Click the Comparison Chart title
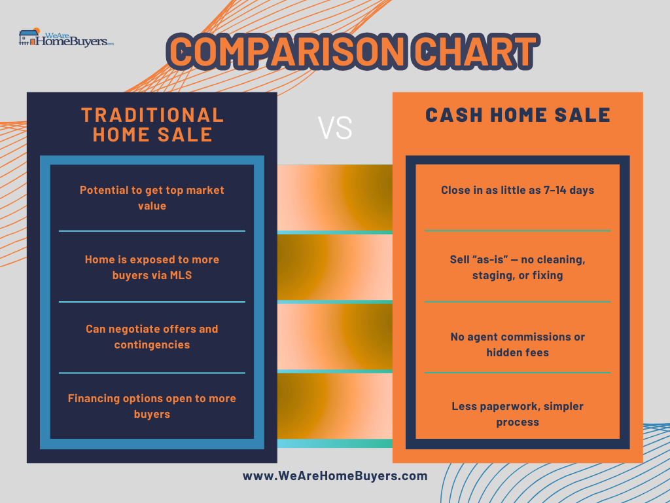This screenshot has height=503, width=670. pyautogui.click(x=354, y=52)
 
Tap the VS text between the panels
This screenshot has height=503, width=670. pyautogui.click(x=335, y=128)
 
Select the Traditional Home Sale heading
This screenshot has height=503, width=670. pyautogui.click(x=152, y=124)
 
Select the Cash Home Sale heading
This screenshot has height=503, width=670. pyautogui.click(x=518, y=115)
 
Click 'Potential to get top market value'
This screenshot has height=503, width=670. pyautogui.click(x=152, y=198)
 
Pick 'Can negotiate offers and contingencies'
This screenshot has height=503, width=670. pyautogui.click(x=152, y=337)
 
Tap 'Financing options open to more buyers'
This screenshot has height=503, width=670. pyautogui.click(x=152, y=406)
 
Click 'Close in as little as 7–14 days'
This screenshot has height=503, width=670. pyautogui.click(x=518, y=190)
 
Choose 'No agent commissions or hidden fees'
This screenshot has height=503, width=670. pyautogui.click(x=518, y=345)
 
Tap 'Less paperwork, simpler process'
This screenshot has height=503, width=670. pyautogui.click(x=518, y=414)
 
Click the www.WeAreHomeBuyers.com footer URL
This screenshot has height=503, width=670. pyautogui.click(x=335, y=476)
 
